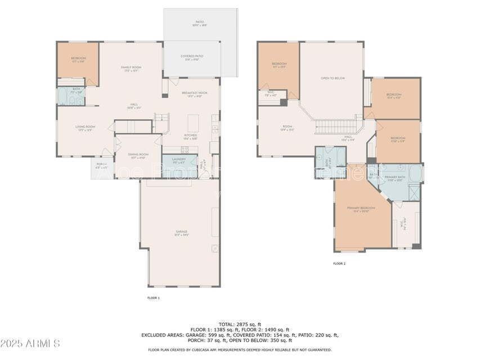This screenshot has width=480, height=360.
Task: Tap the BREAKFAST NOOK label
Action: [x=195, y=94]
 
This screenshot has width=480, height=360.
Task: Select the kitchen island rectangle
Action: [x=193, y=123]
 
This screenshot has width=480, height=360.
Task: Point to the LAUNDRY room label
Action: [x=180, y=160]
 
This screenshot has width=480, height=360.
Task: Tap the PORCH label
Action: [x=101, y=166]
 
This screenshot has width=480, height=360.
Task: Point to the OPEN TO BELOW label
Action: [x=333, y=79]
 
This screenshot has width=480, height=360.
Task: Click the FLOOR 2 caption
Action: [x=339, y=263]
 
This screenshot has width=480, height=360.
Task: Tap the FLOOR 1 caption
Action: [x=153, y=298]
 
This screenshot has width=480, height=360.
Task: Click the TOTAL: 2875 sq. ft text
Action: [x=240, y=324]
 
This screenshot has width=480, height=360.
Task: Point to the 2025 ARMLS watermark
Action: [x=30, y=343]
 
